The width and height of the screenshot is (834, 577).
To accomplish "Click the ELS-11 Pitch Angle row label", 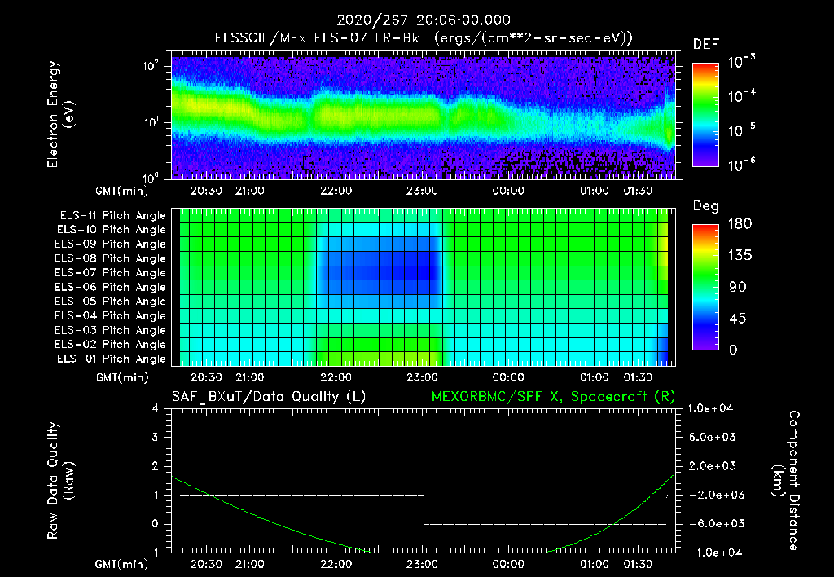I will click(112, 215).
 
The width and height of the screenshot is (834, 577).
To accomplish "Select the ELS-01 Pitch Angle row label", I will click(112, 359).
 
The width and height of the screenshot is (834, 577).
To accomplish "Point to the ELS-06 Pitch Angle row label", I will click(112, 287).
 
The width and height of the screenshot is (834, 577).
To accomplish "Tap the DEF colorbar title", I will click(705, 44).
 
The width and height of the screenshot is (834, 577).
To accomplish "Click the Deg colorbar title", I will click(705, 206).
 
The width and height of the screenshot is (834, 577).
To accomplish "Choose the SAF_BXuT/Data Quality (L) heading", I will click(268, 396).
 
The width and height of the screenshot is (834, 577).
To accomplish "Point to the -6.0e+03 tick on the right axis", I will click(713, 523).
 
